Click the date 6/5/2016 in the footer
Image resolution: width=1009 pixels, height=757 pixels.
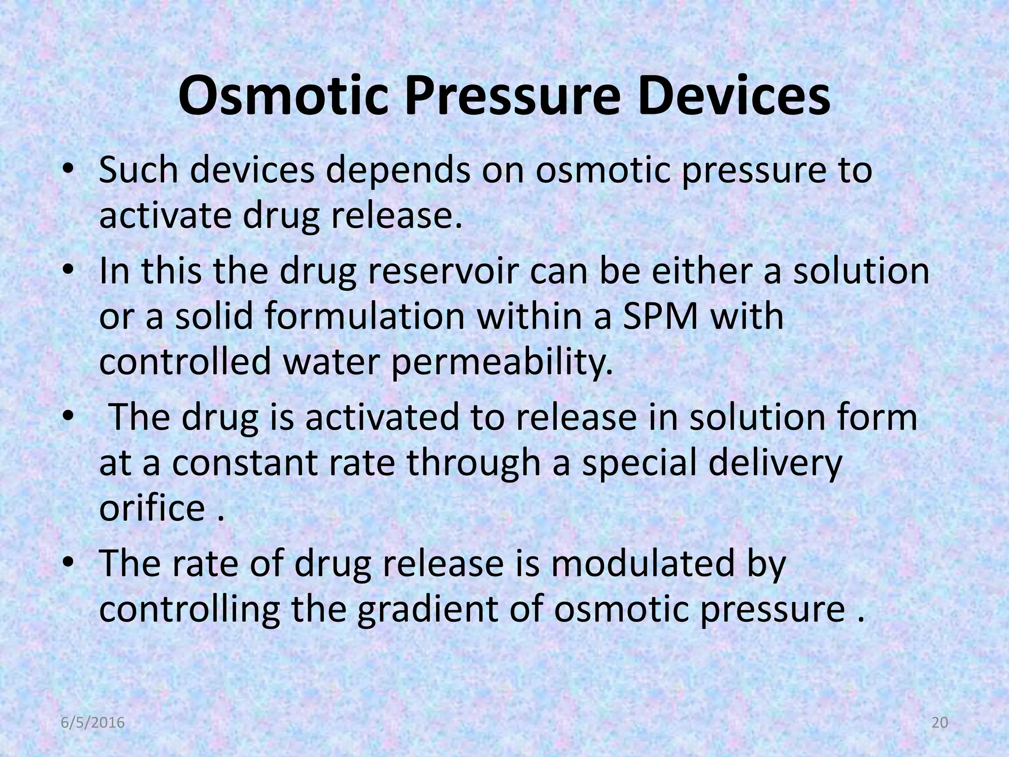point(93,723)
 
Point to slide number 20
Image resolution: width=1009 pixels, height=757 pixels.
point(940,723)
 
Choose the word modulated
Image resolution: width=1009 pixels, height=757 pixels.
point(645,563)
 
